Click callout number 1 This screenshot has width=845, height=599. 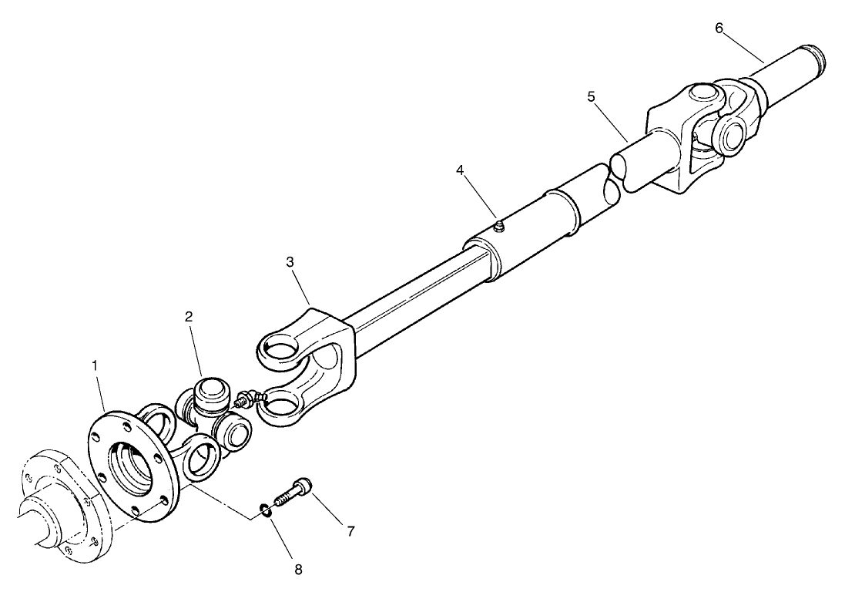pyautogui.click(x=96, y=365)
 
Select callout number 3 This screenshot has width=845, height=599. pyautogui.click(x=290, y=261)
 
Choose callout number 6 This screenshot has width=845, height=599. pyautogui.click(x=719, y=29)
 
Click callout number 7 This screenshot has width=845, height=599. pyautogui.click(x=350, y=531)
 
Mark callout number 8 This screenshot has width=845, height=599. pyautogui.click(x=298, y=570)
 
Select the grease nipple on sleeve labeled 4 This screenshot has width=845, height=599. pyautogui.click(x=499, y=226)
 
